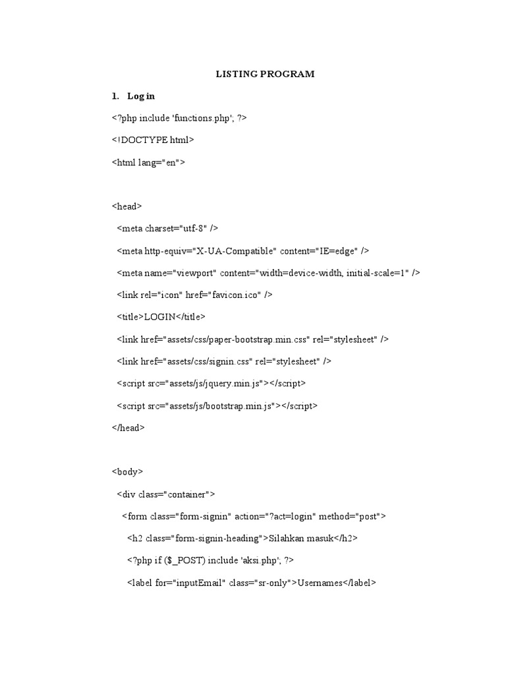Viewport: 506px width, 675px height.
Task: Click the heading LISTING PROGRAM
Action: coord(266,74)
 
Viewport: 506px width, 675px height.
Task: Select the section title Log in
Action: coord(141,96)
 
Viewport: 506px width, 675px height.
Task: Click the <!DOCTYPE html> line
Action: coord(153,140)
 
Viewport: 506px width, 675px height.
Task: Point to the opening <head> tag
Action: coord(126,206)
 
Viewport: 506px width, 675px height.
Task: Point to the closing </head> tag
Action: coord(128,428)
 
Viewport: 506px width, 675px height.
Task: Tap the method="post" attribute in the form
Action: coord(353,516)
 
